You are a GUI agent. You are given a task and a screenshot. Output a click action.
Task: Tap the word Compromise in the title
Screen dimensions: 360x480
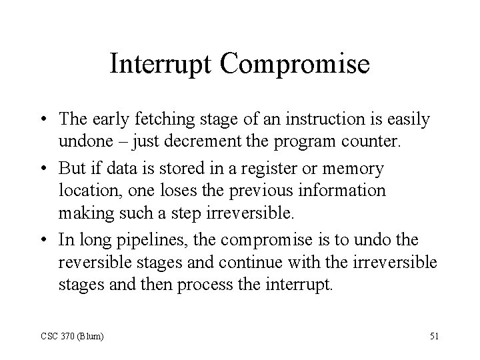click(x=295, y=64)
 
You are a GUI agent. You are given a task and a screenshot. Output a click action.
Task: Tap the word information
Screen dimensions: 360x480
click(x=347, y=190)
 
